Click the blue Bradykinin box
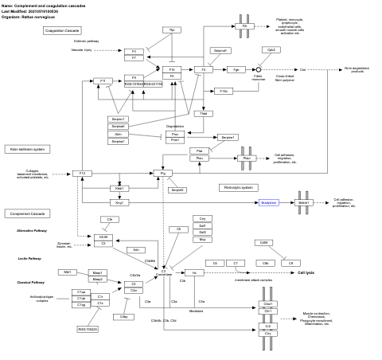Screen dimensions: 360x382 [269, 202]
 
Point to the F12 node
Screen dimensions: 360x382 [81, 173]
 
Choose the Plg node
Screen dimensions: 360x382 [163, 173]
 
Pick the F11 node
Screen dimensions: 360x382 [103, 80]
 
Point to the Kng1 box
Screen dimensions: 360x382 [120, 202]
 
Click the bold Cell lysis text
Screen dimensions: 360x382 [306, 272]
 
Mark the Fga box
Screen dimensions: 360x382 [236, 70]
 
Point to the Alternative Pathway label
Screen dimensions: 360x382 [32, 230]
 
